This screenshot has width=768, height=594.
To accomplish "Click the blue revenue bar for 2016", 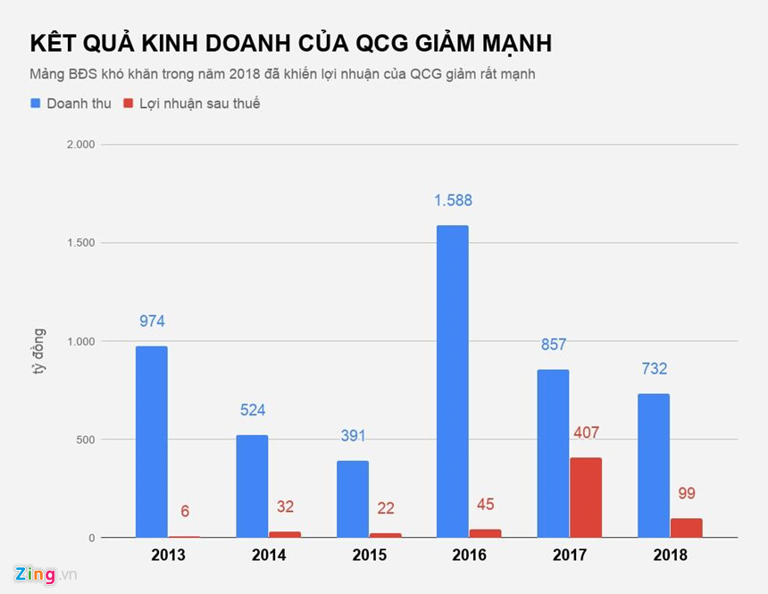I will pos(453,381).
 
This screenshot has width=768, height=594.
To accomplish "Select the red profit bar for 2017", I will pos(586,498).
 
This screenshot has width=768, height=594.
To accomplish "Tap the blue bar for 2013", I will pos(151,441).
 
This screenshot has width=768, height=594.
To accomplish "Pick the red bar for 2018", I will pos(686,527).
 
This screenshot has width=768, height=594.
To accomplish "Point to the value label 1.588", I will pos(453,201).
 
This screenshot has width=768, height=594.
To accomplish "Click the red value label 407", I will pos(586,433).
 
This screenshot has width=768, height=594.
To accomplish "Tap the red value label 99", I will pos(686,493).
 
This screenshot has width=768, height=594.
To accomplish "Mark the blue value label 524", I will pos(252,411).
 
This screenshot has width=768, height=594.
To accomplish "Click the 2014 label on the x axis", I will pos(268,556).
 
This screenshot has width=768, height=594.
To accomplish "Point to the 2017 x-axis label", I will pos(570,556).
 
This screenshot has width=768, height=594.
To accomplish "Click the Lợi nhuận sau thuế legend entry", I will pos(191,104).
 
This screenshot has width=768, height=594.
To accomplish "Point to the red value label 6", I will pos(184,512).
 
